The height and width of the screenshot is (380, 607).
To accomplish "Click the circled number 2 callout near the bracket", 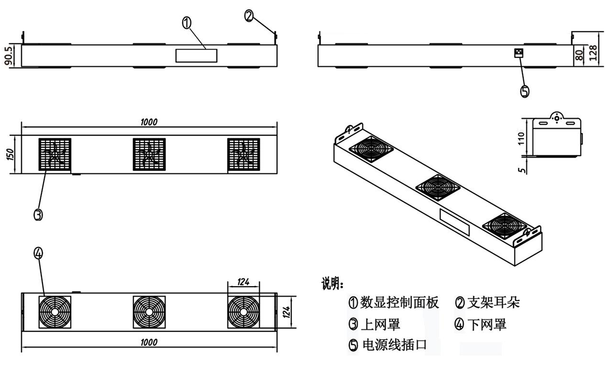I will (x=249, y=16).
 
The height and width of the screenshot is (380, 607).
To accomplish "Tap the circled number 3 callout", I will (x=38, y=215).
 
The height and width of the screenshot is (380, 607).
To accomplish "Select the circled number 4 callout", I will (x=38, y=253).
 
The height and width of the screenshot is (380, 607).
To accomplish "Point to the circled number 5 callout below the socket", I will (x=525, y=92).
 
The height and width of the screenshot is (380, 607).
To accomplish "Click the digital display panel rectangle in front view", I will (x=196, y=55).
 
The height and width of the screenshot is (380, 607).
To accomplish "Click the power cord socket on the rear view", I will (x=518, y=53).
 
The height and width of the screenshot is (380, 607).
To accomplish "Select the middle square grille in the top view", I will (x=149, y=154).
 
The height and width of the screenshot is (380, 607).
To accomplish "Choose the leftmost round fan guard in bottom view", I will (x=55, y=312).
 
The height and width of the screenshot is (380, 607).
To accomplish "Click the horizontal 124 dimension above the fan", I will (x=243, y=282).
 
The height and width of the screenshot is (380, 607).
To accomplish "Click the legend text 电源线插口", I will (x=394, y=345).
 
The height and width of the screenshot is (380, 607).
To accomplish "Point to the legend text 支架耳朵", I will (x=493, y=302).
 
